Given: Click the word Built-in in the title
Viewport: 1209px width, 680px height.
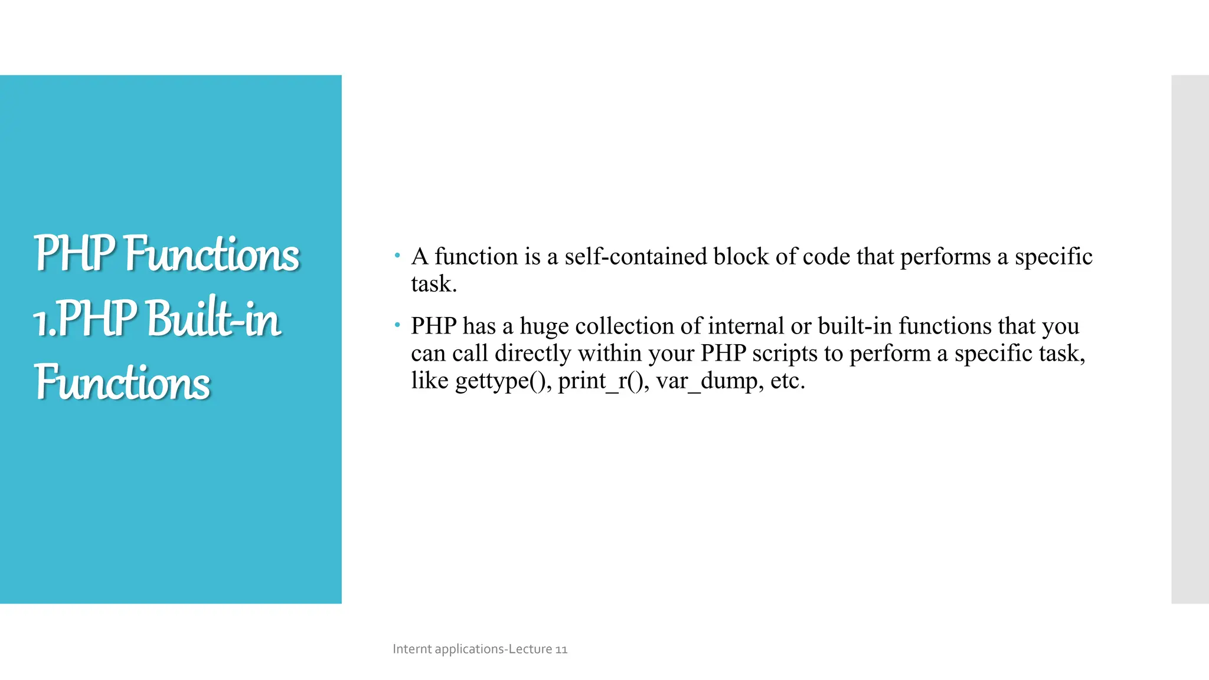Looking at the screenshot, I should pyautogui.click(x=213, y=319).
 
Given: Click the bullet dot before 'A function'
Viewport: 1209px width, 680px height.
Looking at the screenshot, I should pyautogui.click(x=397, y=256).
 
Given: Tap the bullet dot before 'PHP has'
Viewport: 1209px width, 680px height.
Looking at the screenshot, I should pyautogui.click(x=397, y=325).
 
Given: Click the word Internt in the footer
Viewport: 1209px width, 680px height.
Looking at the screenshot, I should pyautogui.click(x=412, y=649).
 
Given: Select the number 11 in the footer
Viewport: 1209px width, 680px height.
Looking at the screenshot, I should pyautogui.click(x=561, y=649).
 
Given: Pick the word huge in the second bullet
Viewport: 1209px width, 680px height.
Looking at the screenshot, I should pyautogui.click(x=544, y=326).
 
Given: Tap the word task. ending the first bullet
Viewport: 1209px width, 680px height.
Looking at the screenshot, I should pyautogui.click(x=434, y=284).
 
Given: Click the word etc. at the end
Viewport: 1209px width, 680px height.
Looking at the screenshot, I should pyautogui.click(x=788, y=381).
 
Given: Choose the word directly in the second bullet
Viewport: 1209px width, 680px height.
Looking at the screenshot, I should pyautogui.click(x=532, y=354).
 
